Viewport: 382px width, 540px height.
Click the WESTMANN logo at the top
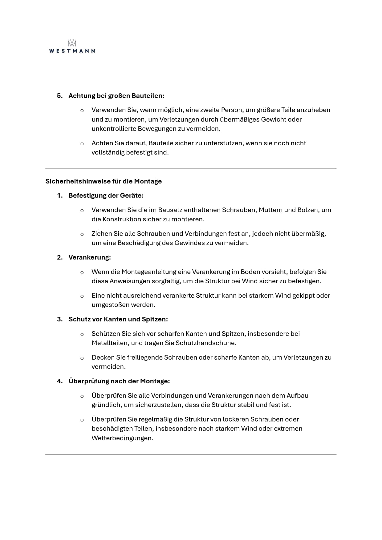[x=72, y=47]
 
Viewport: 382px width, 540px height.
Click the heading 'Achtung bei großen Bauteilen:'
[x=116, y=96]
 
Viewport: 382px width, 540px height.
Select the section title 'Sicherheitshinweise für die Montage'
[x=104, y=181]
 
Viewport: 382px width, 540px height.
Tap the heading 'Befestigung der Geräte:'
[x=106, y=195]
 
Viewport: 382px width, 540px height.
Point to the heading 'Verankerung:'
[x=89, y=257]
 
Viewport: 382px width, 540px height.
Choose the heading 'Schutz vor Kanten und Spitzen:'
[x=118, y=319]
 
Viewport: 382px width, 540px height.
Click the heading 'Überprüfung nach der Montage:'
[x=119, y=381]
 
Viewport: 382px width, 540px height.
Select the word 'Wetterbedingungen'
[x=122, y=438]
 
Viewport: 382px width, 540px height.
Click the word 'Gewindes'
[x=189, y=243]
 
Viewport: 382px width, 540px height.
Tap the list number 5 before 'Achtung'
[x=59, y=96]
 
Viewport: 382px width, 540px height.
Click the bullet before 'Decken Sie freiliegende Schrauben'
[x=82, y=358]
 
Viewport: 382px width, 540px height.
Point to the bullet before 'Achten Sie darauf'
[x=82, y=143]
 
